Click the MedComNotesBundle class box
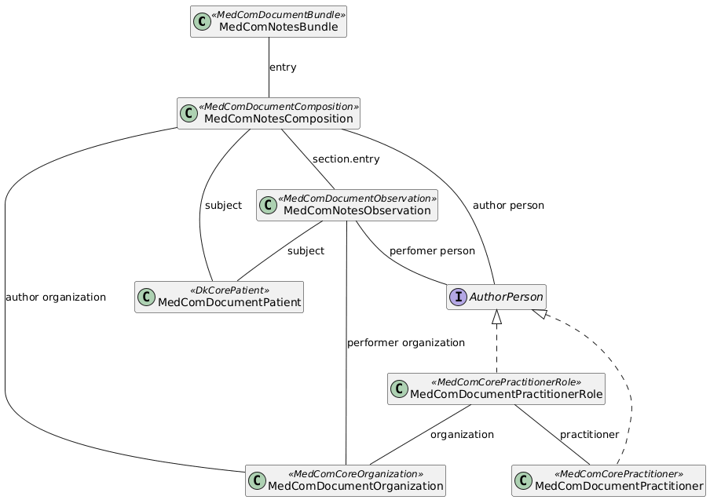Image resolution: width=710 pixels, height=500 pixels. (x=268, y=22)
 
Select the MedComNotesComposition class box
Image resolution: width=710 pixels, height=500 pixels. (x=268, y=114)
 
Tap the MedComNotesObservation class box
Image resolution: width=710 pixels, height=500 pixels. (x=346, y=206)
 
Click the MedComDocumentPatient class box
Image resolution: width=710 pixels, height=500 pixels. (x=219, y=297)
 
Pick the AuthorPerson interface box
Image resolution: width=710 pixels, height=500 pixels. (x=496, y=297)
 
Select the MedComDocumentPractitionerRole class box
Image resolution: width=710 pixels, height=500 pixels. (x=496, y=389)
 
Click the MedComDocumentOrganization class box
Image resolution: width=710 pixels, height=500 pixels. (x=346, y=481)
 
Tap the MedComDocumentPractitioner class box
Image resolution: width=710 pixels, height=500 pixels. (x=608, y=481)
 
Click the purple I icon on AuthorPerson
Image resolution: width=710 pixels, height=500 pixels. (x=458, y=297)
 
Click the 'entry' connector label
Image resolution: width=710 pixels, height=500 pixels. (x=283, y=68)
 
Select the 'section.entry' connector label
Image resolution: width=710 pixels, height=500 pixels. (x=346, y=159)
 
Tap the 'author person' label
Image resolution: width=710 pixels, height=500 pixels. (x=508, y=206)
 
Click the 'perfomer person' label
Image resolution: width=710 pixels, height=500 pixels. (x=432, y=251)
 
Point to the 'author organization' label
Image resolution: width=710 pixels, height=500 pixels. (x=55, y=297)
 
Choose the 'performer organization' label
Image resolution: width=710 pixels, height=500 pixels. (x=405, y=343)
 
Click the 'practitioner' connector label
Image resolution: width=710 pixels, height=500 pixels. (x=589, y=435)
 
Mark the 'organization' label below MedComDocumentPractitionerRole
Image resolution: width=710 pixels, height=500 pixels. (x=462, y=435)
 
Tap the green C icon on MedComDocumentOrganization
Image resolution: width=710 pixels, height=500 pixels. (x=258, y=481)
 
